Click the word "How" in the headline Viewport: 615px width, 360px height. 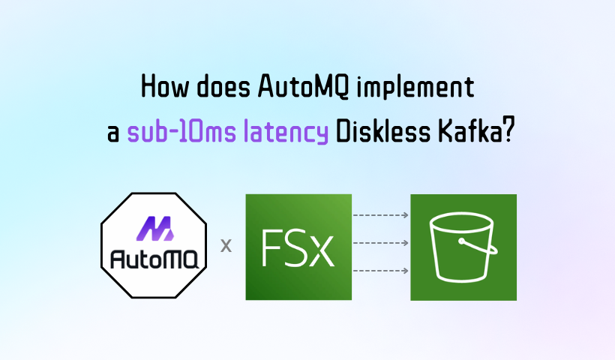(x=165, y=86)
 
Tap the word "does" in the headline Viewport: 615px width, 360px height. (x=223, y=86)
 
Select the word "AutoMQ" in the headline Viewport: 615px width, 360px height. (x=304, y=86)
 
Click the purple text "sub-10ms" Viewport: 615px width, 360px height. (x=181, y=131)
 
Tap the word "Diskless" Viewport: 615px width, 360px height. (x=383, y=131)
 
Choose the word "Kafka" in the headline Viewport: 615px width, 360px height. (x=469, y=131)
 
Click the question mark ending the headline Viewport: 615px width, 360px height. (x=508, y=131)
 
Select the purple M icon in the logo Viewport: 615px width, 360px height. (x=154, y=228)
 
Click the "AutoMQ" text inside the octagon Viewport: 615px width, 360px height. (x=154, y=259)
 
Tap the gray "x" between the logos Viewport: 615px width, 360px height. (x=226, y=245)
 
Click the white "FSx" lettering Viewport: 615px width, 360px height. (x=298, y=247)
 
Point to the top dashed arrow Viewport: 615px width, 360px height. (x=381, y=215)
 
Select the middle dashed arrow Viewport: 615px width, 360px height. (x=381, y=243)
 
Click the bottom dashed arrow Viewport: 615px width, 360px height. (x=381, y=271)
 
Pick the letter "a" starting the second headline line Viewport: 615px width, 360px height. (x=113, y=134)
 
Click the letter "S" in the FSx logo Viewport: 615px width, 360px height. (x=298, y=247)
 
